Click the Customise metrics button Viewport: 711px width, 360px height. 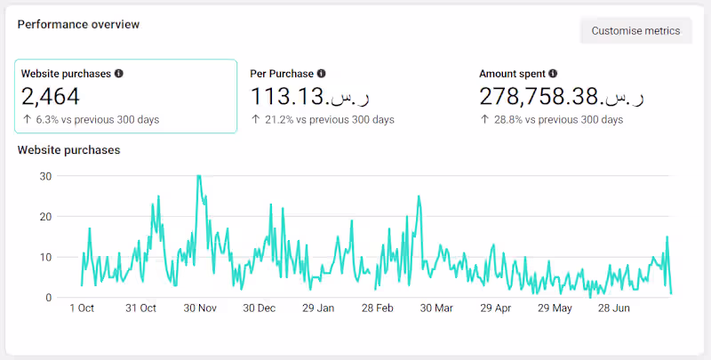635,30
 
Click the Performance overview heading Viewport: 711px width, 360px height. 78,25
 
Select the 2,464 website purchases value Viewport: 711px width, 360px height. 51,96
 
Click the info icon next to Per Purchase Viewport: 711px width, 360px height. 322,74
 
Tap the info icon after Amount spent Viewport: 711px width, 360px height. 553,74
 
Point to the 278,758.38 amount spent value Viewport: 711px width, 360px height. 562,96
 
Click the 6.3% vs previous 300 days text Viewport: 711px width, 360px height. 91,119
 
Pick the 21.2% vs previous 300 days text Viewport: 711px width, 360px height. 323,119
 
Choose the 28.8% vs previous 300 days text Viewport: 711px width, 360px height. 552,119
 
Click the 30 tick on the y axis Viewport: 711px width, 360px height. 45,176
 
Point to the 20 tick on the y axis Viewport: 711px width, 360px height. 45,216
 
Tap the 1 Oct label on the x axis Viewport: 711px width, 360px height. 82,308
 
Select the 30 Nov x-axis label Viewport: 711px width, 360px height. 200,308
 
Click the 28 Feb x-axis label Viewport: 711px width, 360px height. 378,308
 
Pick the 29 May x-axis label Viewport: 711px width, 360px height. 555,308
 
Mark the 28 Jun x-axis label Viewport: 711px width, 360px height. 614,308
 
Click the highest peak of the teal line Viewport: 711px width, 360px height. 198,176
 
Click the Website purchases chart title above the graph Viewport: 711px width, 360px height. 68,150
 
